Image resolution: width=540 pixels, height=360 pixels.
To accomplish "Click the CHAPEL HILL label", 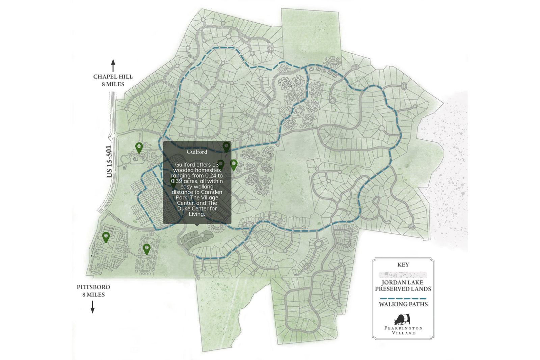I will [113, 77].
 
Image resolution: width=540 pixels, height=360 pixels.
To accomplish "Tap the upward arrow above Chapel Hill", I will [113, 65].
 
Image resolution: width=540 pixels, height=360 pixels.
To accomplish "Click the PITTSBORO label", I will [93, 287].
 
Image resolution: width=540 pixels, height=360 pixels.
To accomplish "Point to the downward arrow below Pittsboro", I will [92, 306].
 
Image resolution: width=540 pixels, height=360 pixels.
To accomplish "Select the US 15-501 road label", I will [109, 161].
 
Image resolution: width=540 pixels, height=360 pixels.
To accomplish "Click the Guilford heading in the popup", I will [197, 152].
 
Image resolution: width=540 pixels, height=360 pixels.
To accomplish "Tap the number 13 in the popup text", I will [215, 165].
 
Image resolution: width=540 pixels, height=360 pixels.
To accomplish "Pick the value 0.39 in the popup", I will [176, 181].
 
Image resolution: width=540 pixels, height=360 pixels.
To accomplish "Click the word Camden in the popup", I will [212, 192].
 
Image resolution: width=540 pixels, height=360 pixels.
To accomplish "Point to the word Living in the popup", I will [196, 214].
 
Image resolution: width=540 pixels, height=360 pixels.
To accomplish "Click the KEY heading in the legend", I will [403, 265].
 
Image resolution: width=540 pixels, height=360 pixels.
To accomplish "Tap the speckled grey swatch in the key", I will [403, 274].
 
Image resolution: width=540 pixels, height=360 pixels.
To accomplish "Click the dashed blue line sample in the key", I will [403, 299].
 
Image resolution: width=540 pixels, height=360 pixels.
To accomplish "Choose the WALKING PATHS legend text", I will [403, 304].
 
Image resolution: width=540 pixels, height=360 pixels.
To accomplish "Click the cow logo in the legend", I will [402, 319].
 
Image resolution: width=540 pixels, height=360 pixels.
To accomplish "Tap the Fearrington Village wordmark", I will [403, 330].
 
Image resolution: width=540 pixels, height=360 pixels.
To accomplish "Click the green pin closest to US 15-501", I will [139, 147].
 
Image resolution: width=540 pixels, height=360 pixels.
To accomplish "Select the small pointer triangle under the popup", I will [197, 225].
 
